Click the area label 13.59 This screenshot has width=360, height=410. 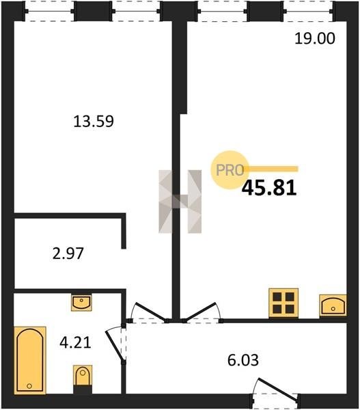tap(94, 122)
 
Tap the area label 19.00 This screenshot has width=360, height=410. tap(315, 38)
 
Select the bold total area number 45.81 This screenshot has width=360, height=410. tap(269, 188)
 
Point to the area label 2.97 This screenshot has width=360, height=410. tap(68, 254)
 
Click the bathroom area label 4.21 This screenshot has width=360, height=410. tap(75, 342)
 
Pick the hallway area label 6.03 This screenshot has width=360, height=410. tap(243, 360)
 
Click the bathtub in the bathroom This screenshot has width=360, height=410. tap(30, 360)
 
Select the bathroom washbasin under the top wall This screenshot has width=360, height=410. tap(81, 302)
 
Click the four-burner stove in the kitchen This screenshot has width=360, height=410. tap(283, 303)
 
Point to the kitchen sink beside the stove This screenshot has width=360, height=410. tap(333, 305)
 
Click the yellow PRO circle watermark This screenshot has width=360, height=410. tap(230, 170)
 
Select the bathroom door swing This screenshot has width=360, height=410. tap(115, 344)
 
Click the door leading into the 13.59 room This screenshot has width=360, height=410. tap(150, 312)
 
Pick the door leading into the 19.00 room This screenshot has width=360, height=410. tap(202, 312)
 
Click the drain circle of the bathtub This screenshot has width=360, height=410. tap(29, 386)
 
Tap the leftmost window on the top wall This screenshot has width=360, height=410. tap(50, 11)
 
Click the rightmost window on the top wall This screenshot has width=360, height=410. tap(308, 11)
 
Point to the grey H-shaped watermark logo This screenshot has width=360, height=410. tap(180, 202)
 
